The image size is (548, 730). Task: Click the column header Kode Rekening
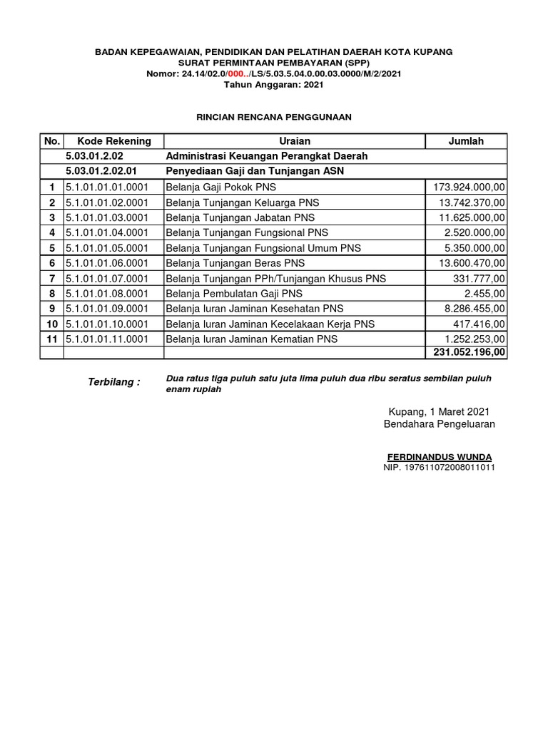pos(113,141)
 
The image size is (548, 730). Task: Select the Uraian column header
pos(295,141)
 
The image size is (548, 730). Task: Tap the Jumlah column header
pos(465,141)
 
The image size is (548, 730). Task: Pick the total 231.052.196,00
pos(467,352)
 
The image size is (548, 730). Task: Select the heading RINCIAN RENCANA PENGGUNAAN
pos(274,116)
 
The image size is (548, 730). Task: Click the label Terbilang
pos(113,382)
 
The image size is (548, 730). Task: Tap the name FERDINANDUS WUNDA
pos(439,456)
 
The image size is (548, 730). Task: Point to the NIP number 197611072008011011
pos(439,467)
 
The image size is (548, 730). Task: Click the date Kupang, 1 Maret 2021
pos(439,412)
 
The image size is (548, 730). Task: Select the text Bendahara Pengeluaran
pos(439,424)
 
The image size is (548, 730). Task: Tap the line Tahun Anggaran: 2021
pos(274,84)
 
